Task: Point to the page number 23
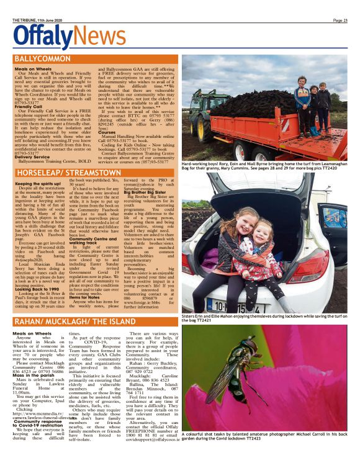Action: (x=340, y=20)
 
